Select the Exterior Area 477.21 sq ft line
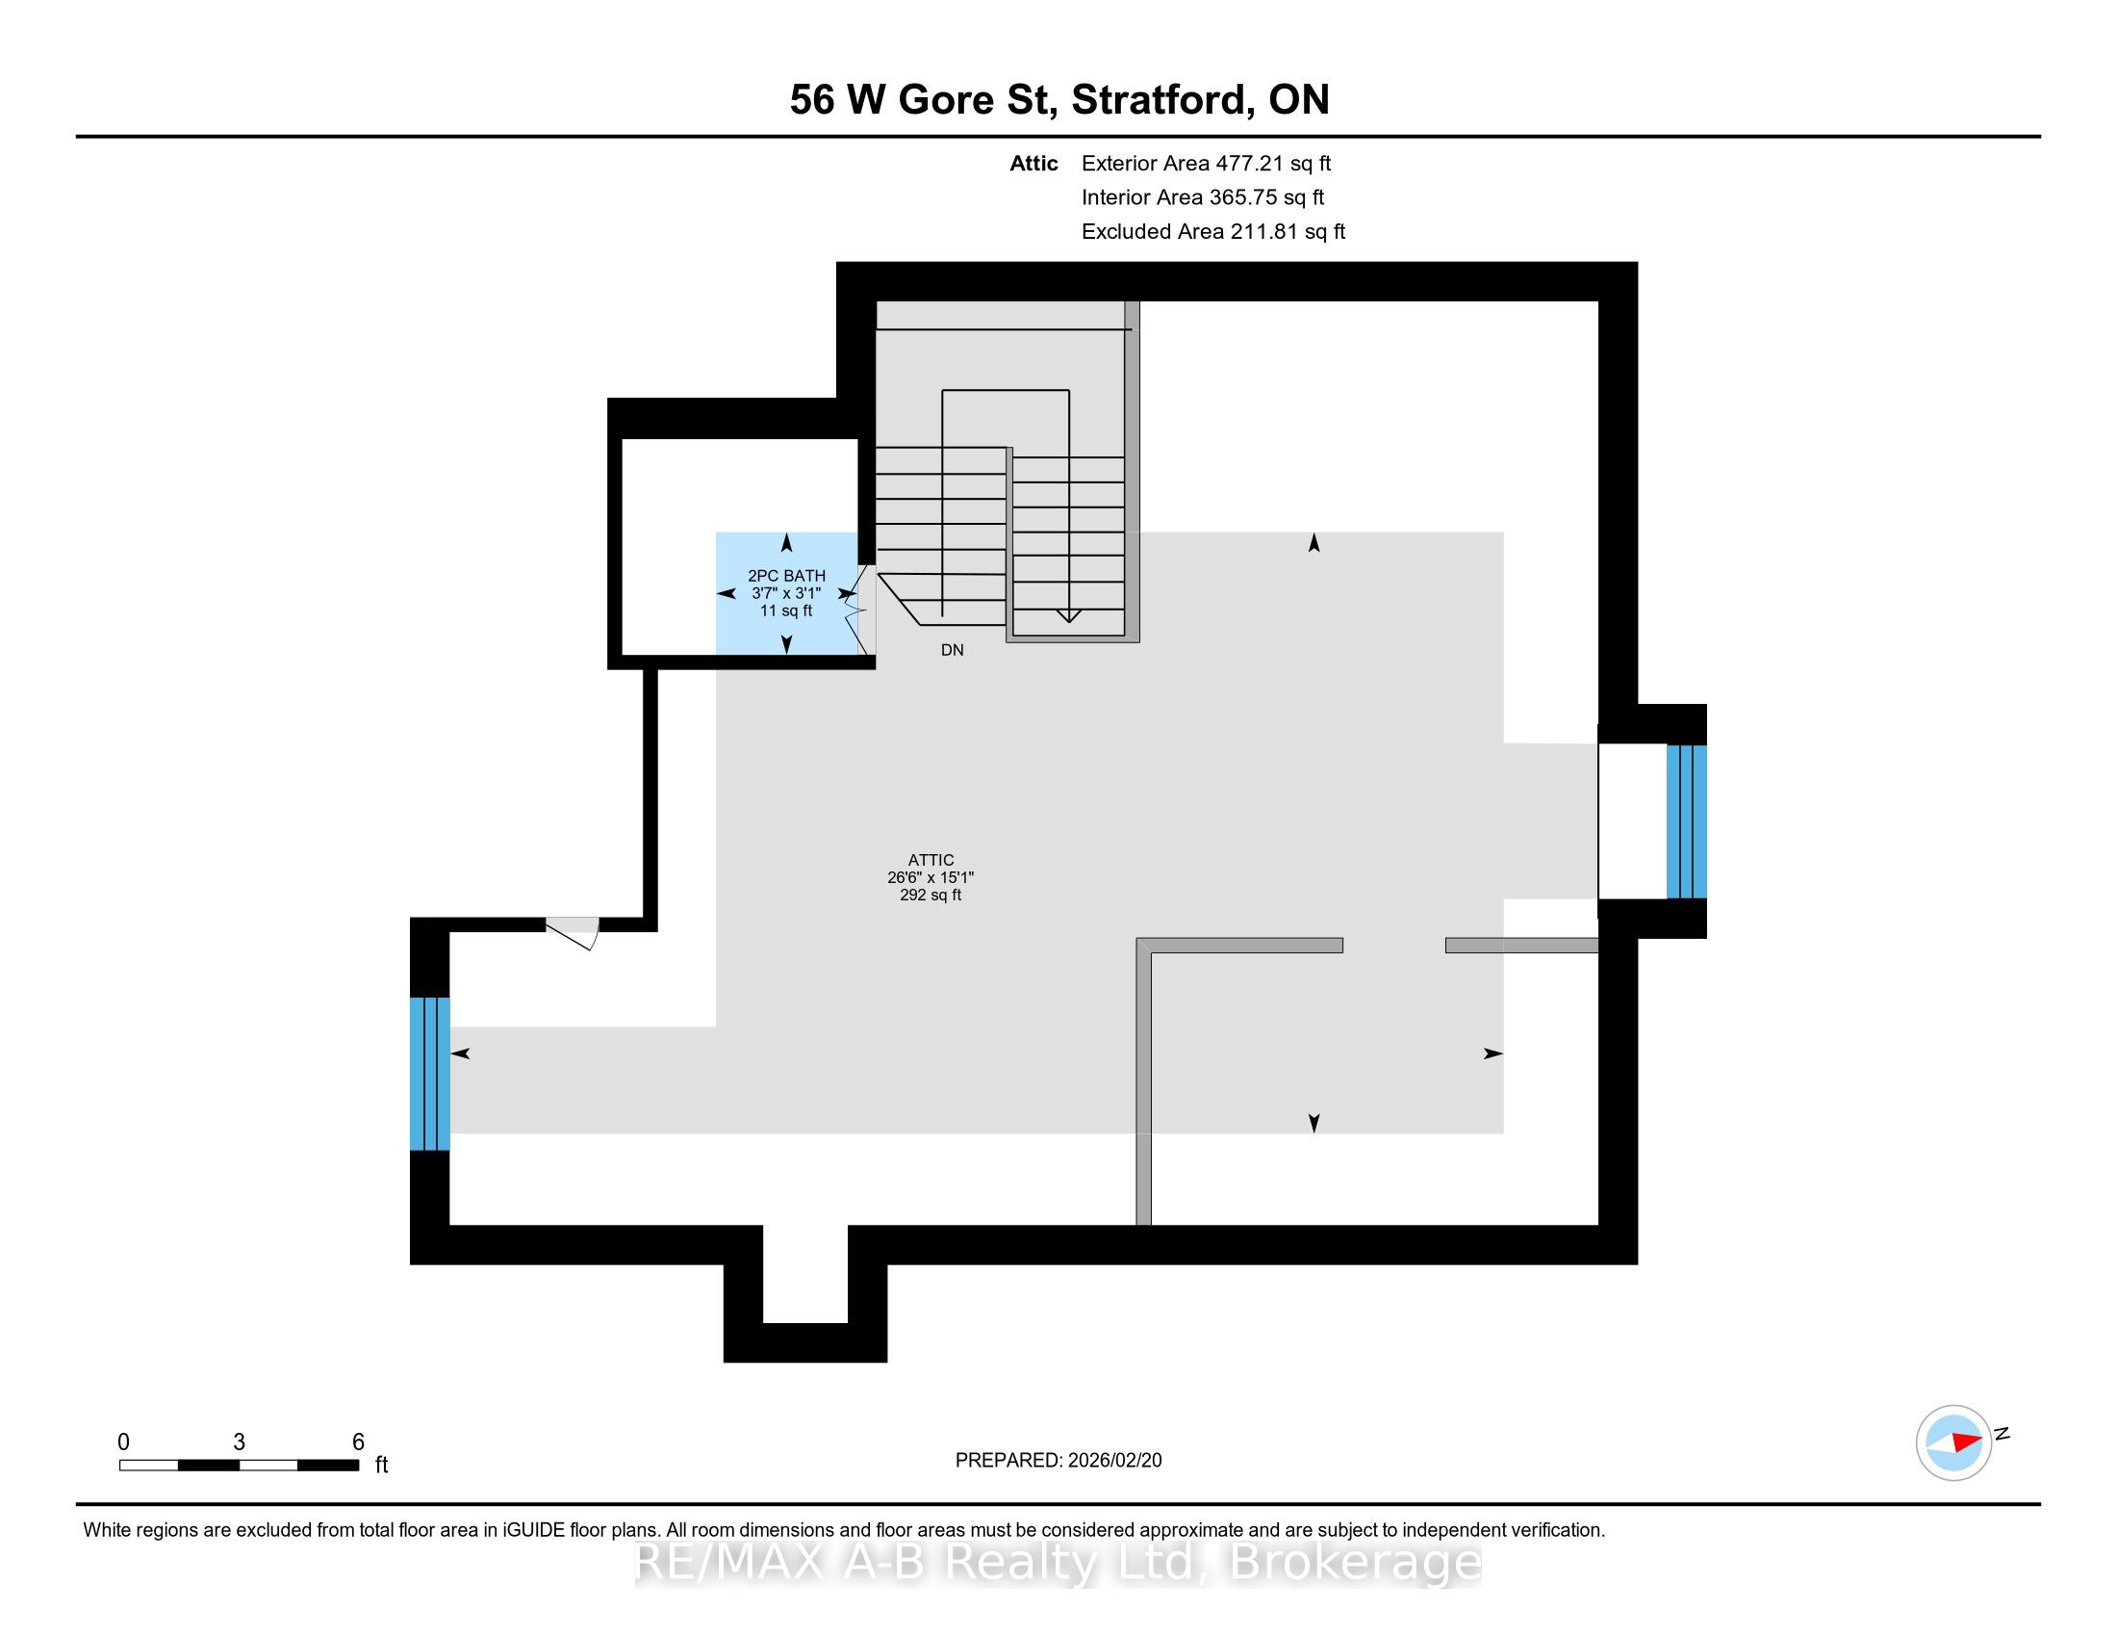click(x=1206, y=164)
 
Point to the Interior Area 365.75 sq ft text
click(x=1202, y=197)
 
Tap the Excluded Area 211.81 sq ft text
click(x=1212, y=232)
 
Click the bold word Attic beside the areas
click(x=1033, y=164)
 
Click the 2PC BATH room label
click(x=786, y=576)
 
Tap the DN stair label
click(x=952, y=651)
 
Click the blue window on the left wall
click(x=429, y=1074)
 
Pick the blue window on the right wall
click(x=1686, y=821)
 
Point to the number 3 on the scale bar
click(x=239, y=1442)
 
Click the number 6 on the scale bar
click(x=358, y=1442)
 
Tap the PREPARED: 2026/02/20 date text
click(x=1058, y=1461)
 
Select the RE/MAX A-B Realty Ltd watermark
click(x=1058, y=1562)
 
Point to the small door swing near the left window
click(x=573, y=933)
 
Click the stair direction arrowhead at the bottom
click(x=1068, y=615)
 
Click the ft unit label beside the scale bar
click(x=382, y=1465)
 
